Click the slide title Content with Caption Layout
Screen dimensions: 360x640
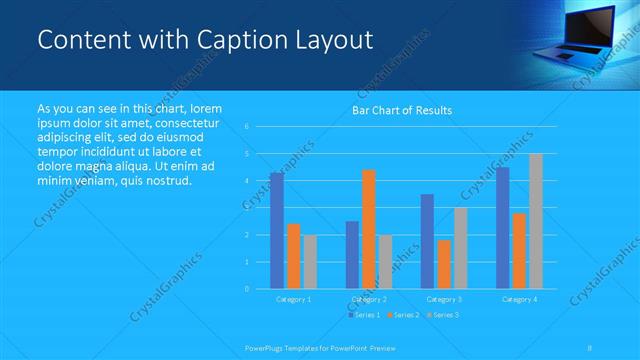click(x=205, y=40)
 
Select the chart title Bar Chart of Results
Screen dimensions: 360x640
click(x=401, y=110)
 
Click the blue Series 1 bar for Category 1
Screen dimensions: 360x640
click(x=277, y=231)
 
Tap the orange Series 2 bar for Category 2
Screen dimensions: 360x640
click(x=368, y=229)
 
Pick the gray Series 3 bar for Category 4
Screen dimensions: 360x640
click(x=536, y=221)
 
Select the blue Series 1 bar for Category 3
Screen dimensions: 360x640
click(x=427, y=241)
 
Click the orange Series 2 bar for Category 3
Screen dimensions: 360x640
click(x=444, y=264)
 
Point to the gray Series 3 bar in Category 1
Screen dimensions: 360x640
click(x=310, y=262)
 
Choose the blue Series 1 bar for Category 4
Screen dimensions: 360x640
click(x=502, y=228)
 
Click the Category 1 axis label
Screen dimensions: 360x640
click(x=293, y=299)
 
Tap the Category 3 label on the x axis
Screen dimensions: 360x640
click(x=444, y=299)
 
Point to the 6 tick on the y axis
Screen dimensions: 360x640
click(x=246, y=126)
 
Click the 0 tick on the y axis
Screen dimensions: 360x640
click(x=246, y=289)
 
